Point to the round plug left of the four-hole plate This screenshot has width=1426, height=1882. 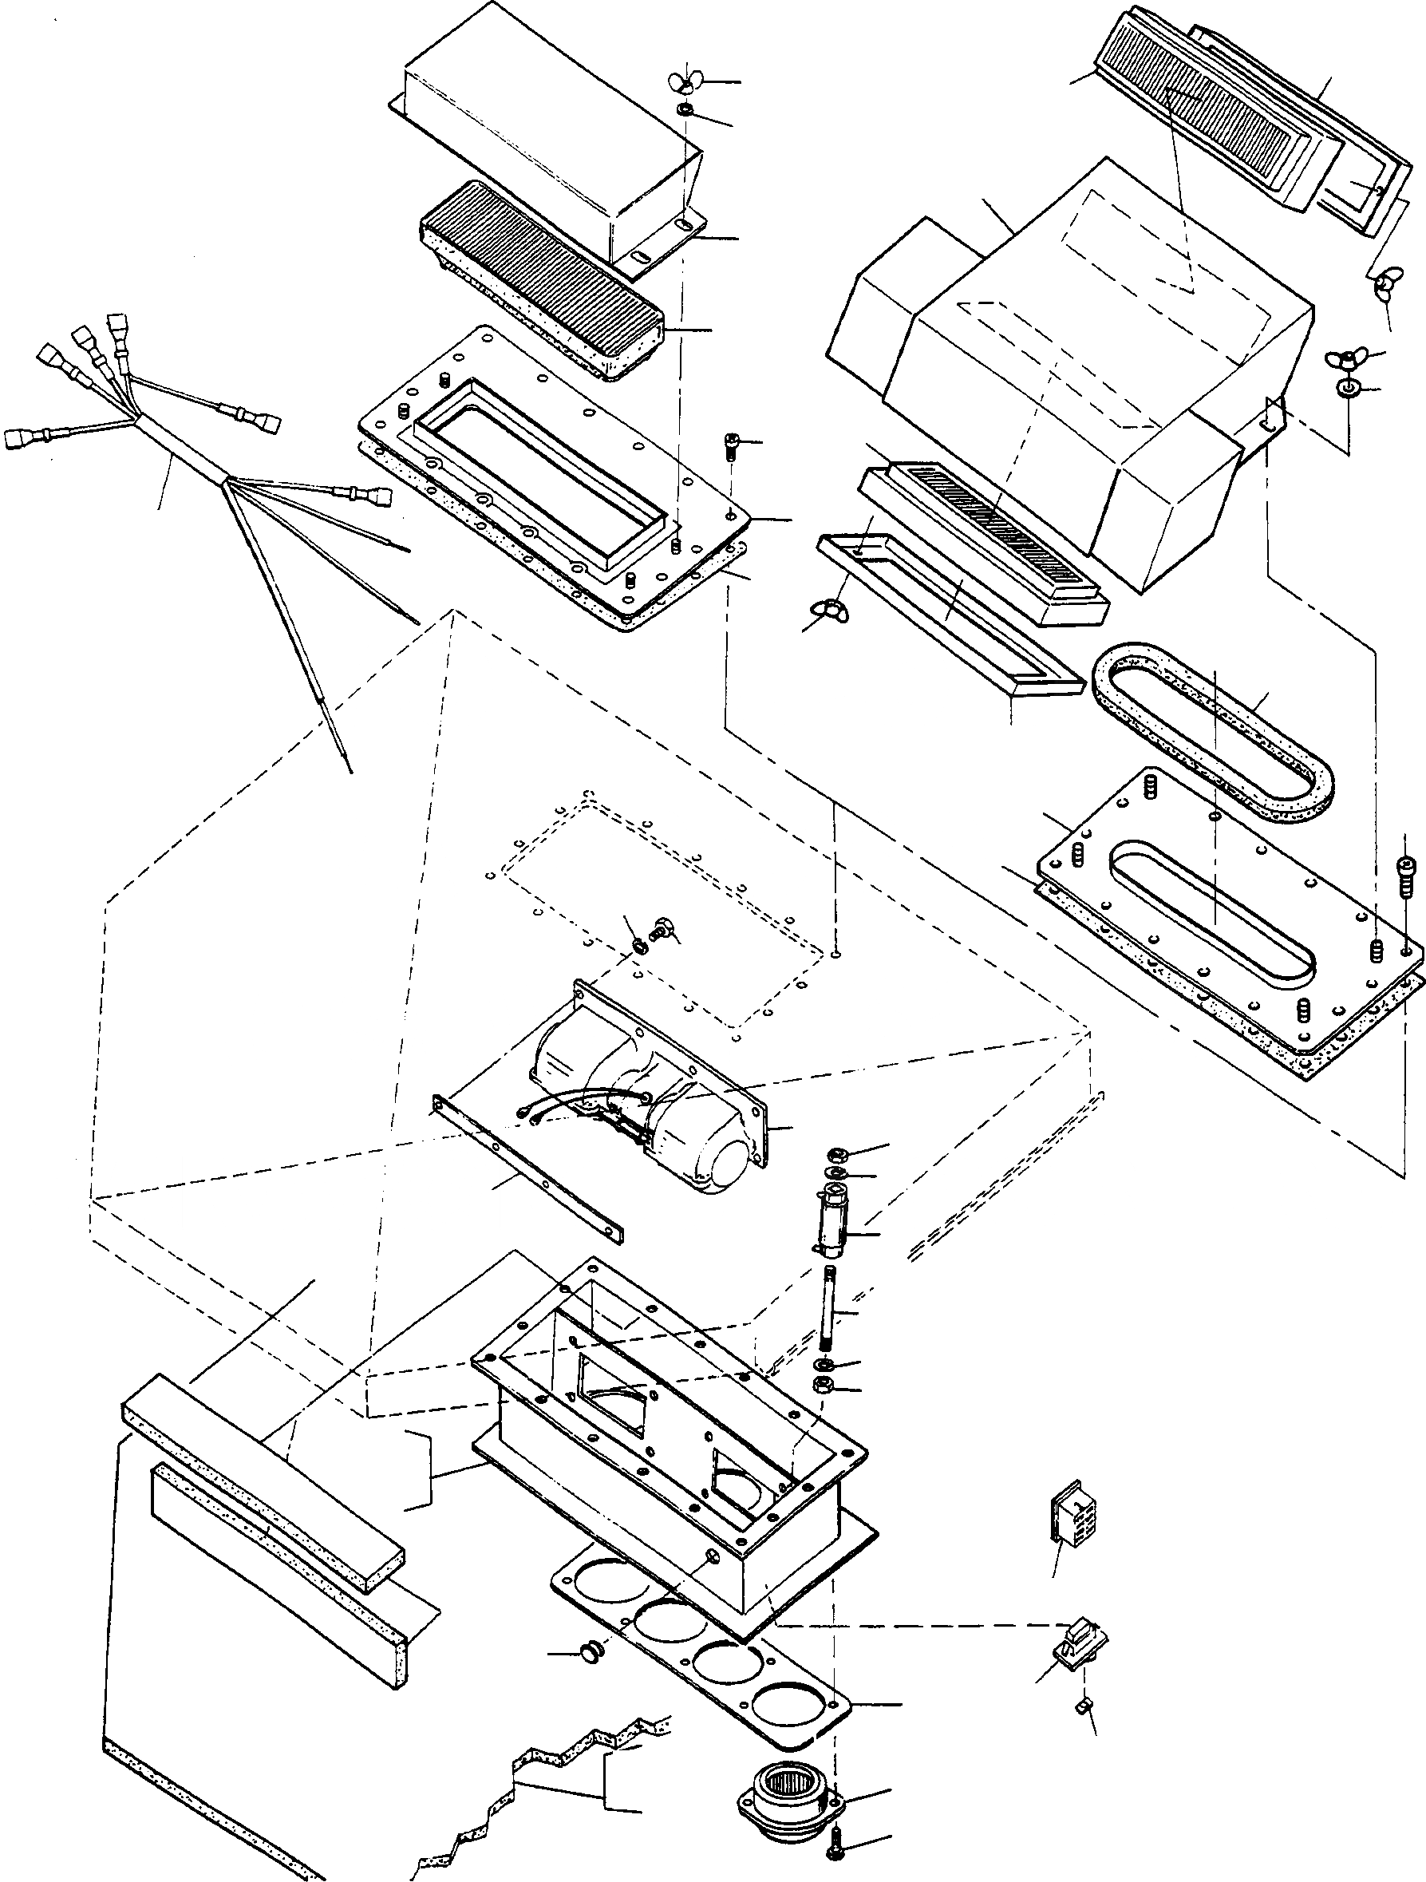pos(590,1651)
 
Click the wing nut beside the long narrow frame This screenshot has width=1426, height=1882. pos(824,609)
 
